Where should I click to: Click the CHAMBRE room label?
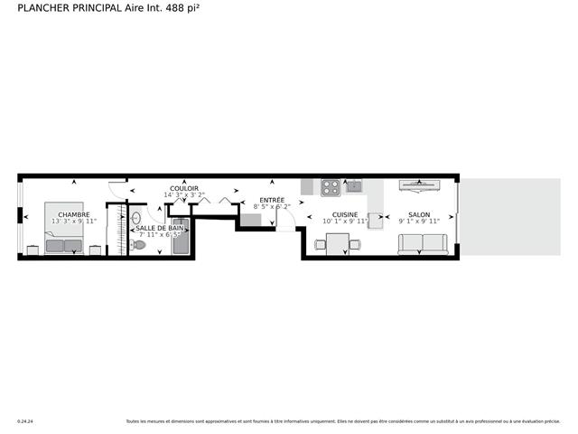tap(74, 214)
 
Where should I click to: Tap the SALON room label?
tap(418, 214)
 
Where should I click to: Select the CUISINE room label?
tap(345, 214)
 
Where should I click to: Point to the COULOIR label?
tap(184, 188)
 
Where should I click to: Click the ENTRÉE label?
tap(272, 200)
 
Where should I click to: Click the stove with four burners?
tap(331, 188)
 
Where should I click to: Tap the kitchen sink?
tap(354, 187)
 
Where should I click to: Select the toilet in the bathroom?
tap(138, 244)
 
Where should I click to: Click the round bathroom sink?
tap(136, 218)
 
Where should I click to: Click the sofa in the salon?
tap(423, 243)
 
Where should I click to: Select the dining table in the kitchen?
tap(338, 244)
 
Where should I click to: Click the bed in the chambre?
tap(63, 229)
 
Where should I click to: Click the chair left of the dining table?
tap(320, 244)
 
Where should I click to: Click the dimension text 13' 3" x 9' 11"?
tap(74, 221)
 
